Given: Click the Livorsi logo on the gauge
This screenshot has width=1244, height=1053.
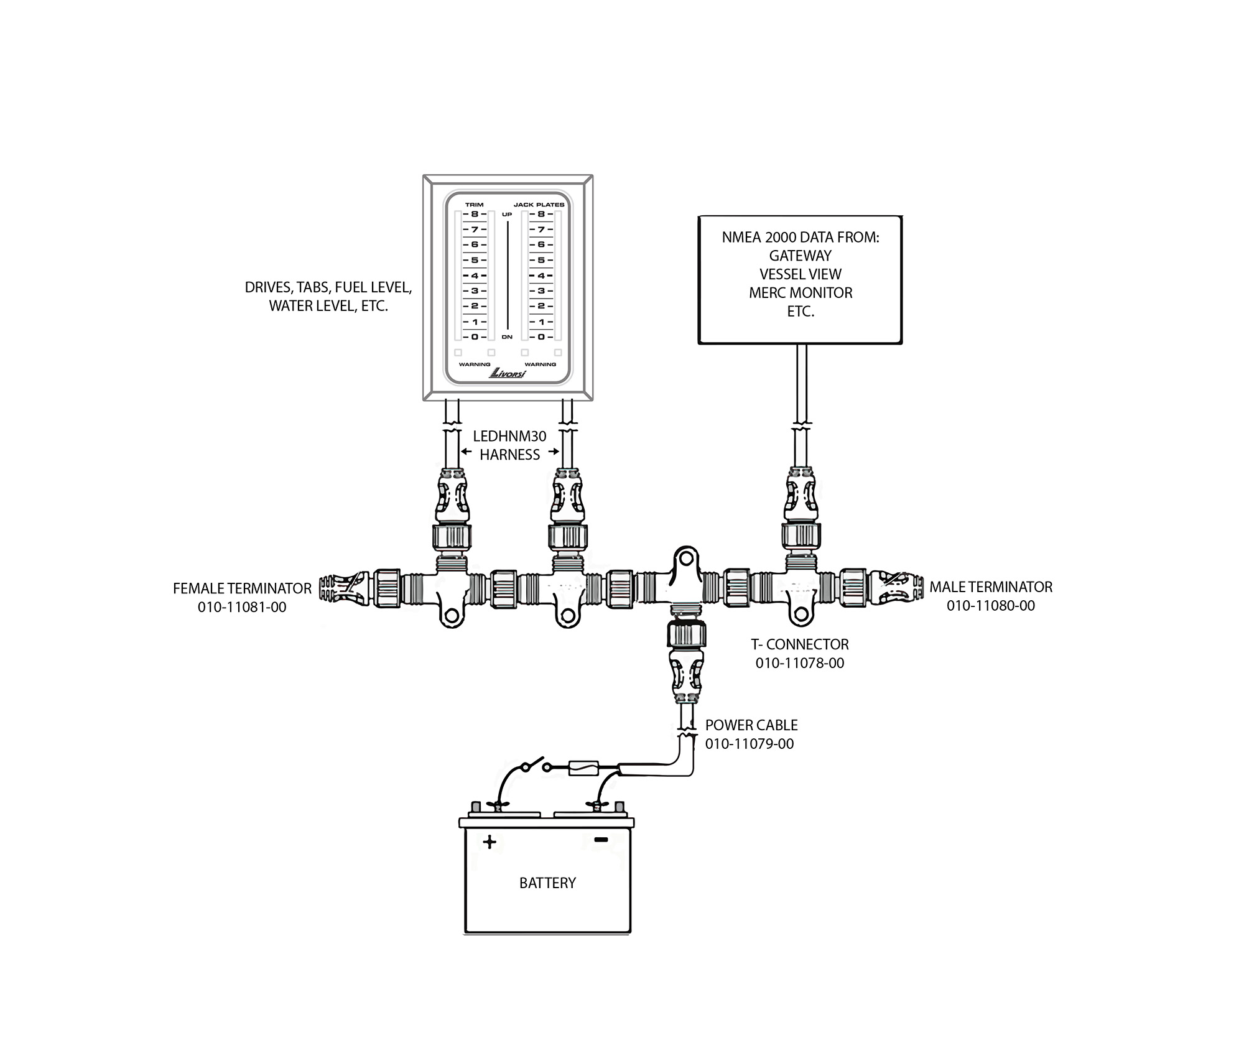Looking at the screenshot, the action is (x=508, y=373).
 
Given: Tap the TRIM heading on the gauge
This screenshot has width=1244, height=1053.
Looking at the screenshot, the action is (x=474, y=205).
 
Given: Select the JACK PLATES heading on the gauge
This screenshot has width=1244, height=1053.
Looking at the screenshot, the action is (x=539, y=205).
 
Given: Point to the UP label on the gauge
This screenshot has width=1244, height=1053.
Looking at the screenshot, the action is (x=507, y=215).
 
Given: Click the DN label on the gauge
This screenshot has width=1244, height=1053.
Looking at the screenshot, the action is (x=507, y=337).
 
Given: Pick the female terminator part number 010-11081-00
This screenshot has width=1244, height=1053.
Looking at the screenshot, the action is (x=242, y=607).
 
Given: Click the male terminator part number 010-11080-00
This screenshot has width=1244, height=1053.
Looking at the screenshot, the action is (x=991, y=606).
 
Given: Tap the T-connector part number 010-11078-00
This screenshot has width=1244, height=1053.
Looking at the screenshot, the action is (x=800, y=663).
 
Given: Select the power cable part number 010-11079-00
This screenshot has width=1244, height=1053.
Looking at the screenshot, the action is (x=750, y=744).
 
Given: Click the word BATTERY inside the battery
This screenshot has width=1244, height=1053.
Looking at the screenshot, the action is (x=547, y=883).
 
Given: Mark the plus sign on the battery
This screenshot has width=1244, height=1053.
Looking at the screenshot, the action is (x=490, y=842).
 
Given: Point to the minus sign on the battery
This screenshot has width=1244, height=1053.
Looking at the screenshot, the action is (x=601, y=840).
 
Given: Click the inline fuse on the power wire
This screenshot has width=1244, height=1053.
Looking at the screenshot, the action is (x=583, y=769).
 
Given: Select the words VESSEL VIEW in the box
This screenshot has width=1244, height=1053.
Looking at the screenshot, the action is (x=801, y=274).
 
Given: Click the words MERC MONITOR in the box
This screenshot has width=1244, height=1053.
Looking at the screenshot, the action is (x=801, y=293).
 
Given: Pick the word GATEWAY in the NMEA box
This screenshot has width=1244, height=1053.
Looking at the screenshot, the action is (x=801, y=256).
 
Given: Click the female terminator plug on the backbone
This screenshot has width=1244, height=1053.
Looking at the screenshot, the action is (x=345, y=588).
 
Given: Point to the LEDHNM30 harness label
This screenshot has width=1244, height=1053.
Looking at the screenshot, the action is (x=509, y=446).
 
